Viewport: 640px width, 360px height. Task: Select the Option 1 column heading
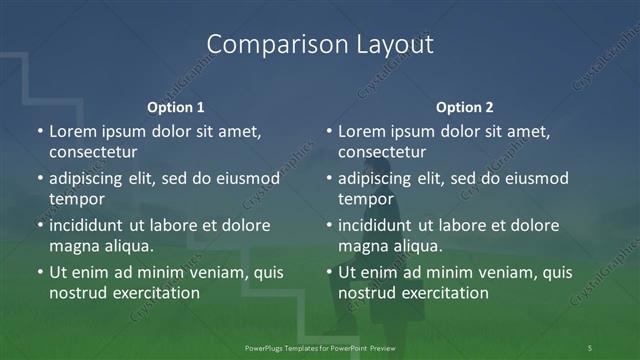click(x=176, y=106)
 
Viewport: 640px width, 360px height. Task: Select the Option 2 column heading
click(x=465, y=106)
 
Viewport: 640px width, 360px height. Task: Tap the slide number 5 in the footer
click(x=590, y=347)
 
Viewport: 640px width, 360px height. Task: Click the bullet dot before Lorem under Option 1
click(x=40, y=132)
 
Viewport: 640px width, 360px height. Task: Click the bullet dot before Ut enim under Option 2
click(x=329, y=272)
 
